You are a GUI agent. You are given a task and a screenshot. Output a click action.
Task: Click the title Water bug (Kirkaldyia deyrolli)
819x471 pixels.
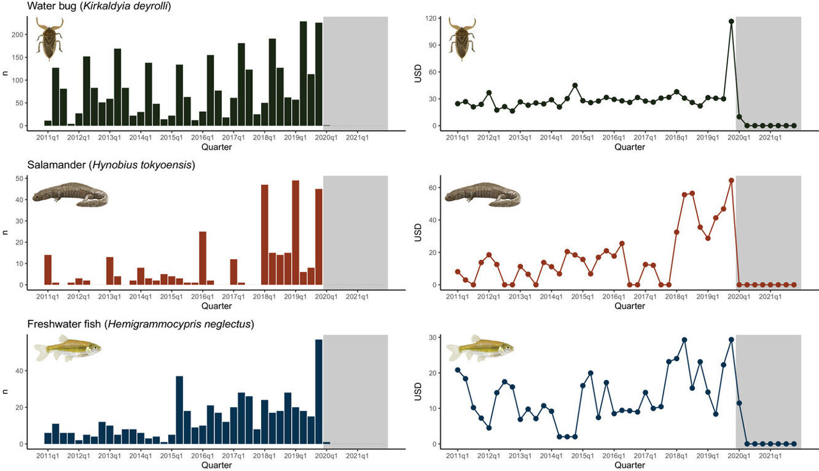click(98, 6)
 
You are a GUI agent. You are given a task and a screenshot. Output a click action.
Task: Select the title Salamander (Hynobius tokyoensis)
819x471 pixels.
click(111, 166)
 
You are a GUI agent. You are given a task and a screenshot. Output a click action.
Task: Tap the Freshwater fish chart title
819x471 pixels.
click(141, 324)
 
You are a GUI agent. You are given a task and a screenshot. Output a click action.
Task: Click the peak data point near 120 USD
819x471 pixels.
click(731, 21)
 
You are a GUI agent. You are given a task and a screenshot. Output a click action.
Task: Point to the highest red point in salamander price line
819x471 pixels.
click(731, 180)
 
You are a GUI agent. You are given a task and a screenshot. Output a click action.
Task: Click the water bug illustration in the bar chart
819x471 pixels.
click(49, 39)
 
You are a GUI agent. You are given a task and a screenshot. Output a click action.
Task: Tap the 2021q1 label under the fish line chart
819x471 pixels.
click(770, 456)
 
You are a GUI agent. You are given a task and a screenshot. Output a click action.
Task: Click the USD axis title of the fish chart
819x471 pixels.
click(416, 390)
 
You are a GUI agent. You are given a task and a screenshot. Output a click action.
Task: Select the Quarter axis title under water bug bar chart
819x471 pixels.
click(216, 147)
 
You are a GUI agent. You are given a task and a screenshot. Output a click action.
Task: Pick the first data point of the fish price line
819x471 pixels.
click(457, 370)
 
